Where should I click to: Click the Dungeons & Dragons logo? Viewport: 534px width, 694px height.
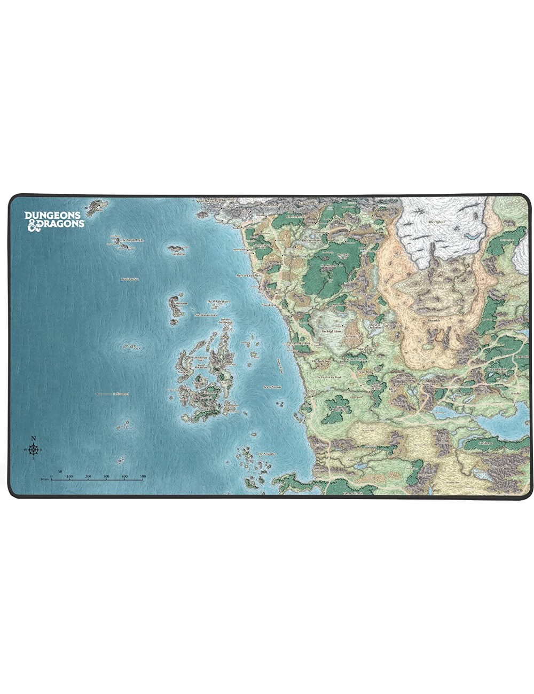(54, 219)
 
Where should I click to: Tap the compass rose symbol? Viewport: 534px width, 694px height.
(34, 450)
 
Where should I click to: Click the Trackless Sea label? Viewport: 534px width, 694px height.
(130, 279)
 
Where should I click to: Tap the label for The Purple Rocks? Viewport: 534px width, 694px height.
(132, 241)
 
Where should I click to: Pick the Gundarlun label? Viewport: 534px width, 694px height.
(178, 254)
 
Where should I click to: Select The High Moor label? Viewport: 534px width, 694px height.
(331, 332)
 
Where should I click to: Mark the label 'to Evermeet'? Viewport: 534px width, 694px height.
(106, 394)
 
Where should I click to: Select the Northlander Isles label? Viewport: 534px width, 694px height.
(206, 315)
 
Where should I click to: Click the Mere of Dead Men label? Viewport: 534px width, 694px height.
(248, 275)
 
